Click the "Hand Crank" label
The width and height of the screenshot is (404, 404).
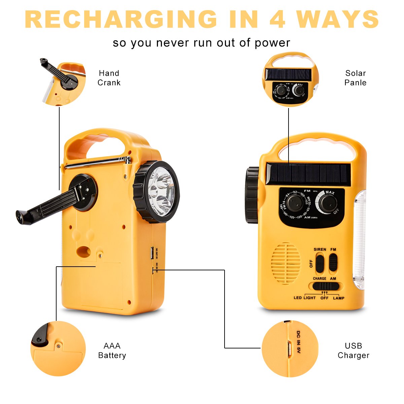[109, 78]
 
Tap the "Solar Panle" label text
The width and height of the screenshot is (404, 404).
[355, 78]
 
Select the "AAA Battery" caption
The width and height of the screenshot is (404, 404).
[112, 351]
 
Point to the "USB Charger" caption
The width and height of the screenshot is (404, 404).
[353, 351]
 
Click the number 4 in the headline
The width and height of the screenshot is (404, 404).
[277, 19]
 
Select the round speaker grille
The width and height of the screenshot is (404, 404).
[286, 263]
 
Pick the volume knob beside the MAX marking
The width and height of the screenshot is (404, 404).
[328, 203]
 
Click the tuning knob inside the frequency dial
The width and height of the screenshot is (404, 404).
[295, 203]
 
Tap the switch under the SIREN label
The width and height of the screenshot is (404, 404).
[319, 263]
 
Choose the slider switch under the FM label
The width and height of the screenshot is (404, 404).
[333, 262]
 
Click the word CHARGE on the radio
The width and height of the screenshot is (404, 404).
[319, 279]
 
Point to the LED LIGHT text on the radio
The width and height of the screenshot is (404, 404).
[305, 298]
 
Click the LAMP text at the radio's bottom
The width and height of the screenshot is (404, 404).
[339, 298]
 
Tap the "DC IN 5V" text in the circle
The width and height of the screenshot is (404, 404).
[298, 342]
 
